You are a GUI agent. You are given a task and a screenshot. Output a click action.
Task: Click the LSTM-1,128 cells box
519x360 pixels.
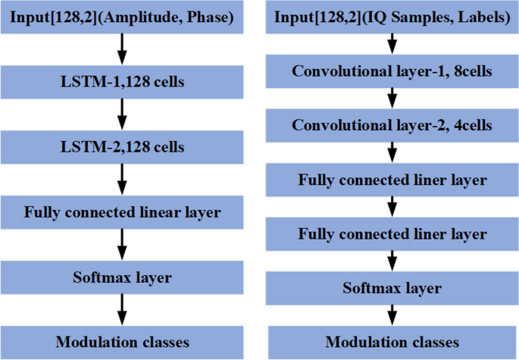(x=122, y=81)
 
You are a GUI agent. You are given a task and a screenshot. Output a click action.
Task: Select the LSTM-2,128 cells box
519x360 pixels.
(x=122, y=146)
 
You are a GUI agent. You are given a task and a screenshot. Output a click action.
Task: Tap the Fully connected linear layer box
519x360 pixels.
(x=122, y=212)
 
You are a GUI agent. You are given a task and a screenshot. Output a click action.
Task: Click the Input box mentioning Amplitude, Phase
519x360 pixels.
(x=122, y=16)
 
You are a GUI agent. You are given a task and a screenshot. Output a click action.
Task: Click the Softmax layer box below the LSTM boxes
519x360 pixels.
(x=122, y=277)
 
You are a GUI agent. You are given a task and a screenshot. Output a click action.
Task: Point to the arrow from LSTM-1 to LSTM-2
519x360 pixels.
(x=122, y=114)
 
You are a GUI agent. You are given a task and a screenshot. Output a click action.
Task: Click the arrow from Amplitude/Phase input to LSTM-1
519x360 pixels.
(x=122, y=49)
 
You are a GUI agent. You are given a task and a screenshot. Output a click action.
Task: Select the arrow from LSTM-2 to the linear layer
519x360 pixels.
(x=122, y=179)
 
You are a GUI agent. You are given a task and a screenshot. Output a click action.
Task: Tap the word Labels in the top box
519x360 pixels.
(x=476, y=16)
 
